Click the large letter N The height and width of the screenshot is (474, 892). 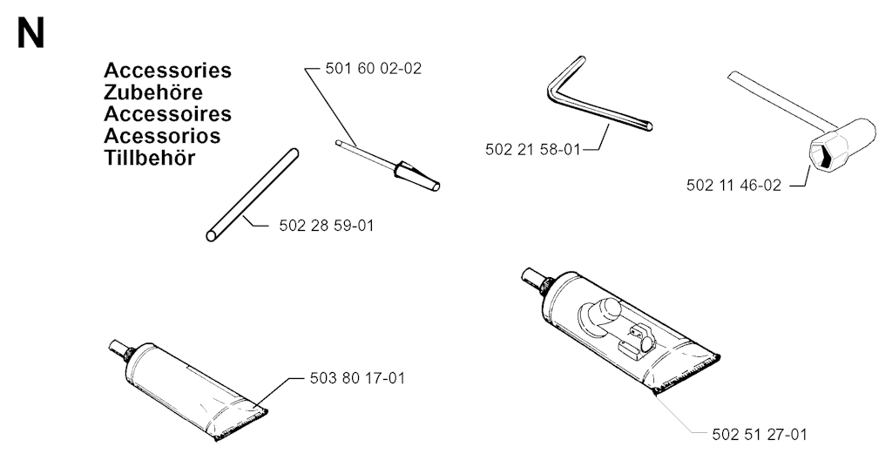click(30, 34)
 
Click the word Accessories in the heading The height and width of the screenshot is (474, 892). click(168, 71)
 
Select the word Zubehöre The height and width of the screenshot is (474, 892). click(153, 92)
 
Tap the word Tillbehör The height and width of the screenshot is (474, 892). click(150, 158)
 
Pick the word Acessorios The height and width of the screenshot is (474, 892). click(162, 136)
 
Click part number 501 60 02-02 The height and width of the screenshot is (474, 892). click(373, 68)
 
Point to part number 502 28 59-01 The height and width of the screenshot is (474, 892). click(327, 226)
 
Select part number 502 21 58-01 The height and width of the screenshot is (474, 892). click(533, 150)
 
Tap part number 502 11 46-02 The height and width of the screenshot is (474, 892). click(733, 186)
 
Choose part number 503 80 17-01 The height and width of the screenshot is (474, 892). click(357, 378)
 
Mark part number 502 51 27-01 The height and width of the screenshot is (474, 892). click(760, 435)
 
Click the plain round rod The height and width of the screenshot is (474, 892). click(252, 195)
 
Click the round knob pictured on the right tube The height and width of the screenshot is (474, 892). click(600, 313)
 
